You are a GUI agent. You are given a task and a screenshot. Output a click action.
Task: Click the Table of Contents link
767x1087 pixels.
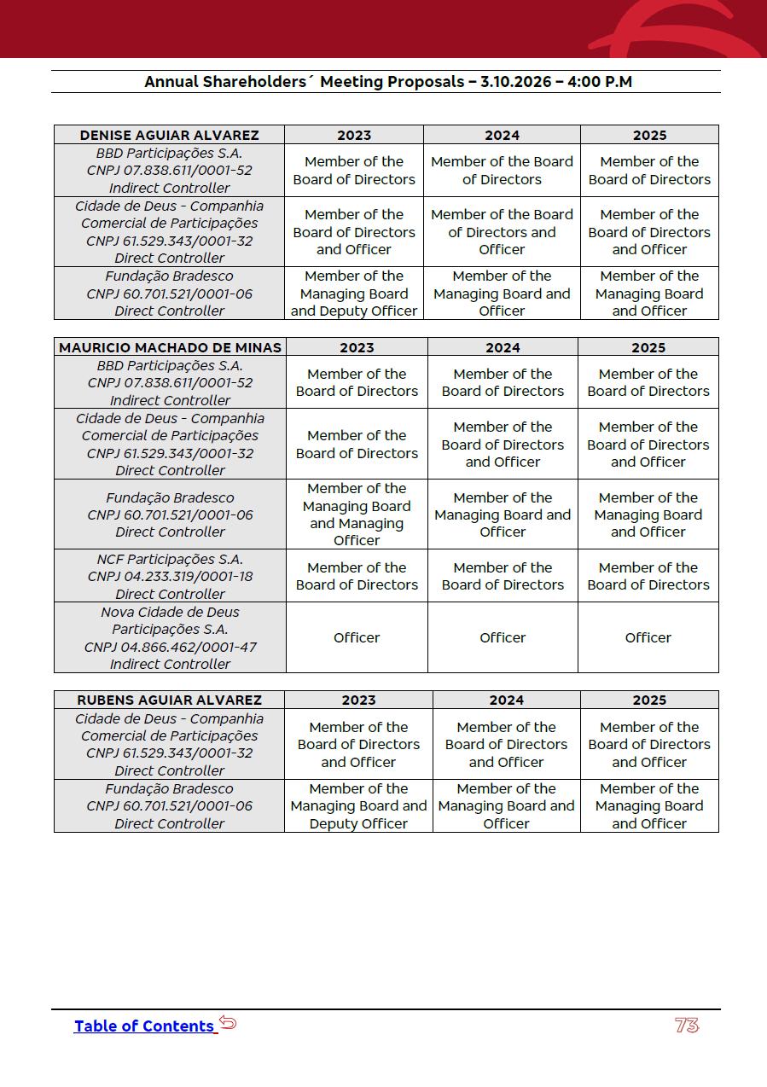tap(143, 1026)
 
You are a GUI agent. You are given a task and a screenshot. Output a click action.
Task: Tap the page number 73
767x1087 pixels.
tap(687, 1026)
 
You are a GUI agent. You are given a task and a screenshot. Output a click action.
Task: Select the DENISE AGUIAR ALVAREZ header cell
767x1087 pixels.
tap(169, 135)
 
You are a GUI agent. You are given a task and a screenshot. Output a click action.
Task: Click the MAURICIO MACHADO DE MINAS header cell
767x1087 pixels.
tap(170, 347)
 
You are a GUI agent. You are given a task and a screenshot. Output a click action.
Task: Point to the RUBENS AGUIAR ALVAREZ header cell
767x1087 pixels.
tap(169, 700)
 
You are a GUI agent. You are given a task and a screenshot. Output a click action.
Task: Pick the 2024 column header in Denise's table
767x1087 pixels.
tap(502, 135)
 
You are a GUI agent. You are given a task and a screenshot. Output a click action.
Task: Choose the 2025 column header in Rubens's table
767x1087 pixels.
tap(649, 700)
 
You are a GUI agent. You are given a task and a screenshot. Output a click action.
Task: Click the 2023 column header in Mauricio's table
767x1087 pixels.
tap(357, 347)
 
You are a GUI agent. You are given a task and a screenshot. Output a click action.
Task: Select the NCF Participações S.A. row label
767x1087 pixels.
tap(170, 576)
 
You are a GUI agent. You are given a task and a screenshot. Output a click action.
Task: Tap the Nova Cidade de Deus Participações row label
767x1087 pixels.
tap(170, 637)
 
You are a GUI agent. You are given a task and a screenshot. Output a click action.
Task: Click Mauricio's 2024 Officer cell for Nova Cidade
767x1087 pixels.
tap(503, 637)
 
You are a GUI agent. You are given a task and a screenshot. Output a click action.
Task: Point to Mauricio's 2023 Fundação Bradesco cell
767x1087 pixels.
tap(357, 514)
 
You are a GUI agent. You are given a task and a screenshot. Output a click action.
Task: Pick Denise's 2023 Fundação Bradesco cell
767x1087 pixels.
tap(354, 294)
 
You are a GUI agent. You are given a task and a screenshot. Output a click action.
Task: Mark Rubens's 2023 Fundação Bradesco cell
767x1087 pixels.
tap(358, 806)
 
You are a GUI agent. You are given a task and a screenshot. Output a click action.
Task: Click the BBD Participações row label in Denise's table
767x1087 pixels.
tap(169, 171)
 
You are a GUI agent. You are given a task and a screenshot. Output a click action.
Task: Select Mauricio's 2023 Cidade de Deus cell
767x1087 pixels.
tap(357, 444)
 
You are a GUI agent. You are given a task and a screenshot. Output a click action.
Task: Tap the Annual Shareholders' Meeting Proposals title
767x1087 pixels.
tap(387, 82)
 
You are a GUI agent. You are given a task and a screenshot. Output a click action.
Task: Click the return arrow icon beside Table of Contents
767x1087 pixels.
tap(228, 1023)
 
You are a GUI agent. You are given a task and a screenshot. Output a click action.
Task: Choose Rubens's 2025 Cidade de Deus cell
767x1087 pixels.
tap(649, 744)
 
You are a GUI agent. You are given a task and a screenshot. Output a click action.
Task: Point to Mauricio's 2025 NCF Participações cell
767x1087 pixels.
tap(648, 576)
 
